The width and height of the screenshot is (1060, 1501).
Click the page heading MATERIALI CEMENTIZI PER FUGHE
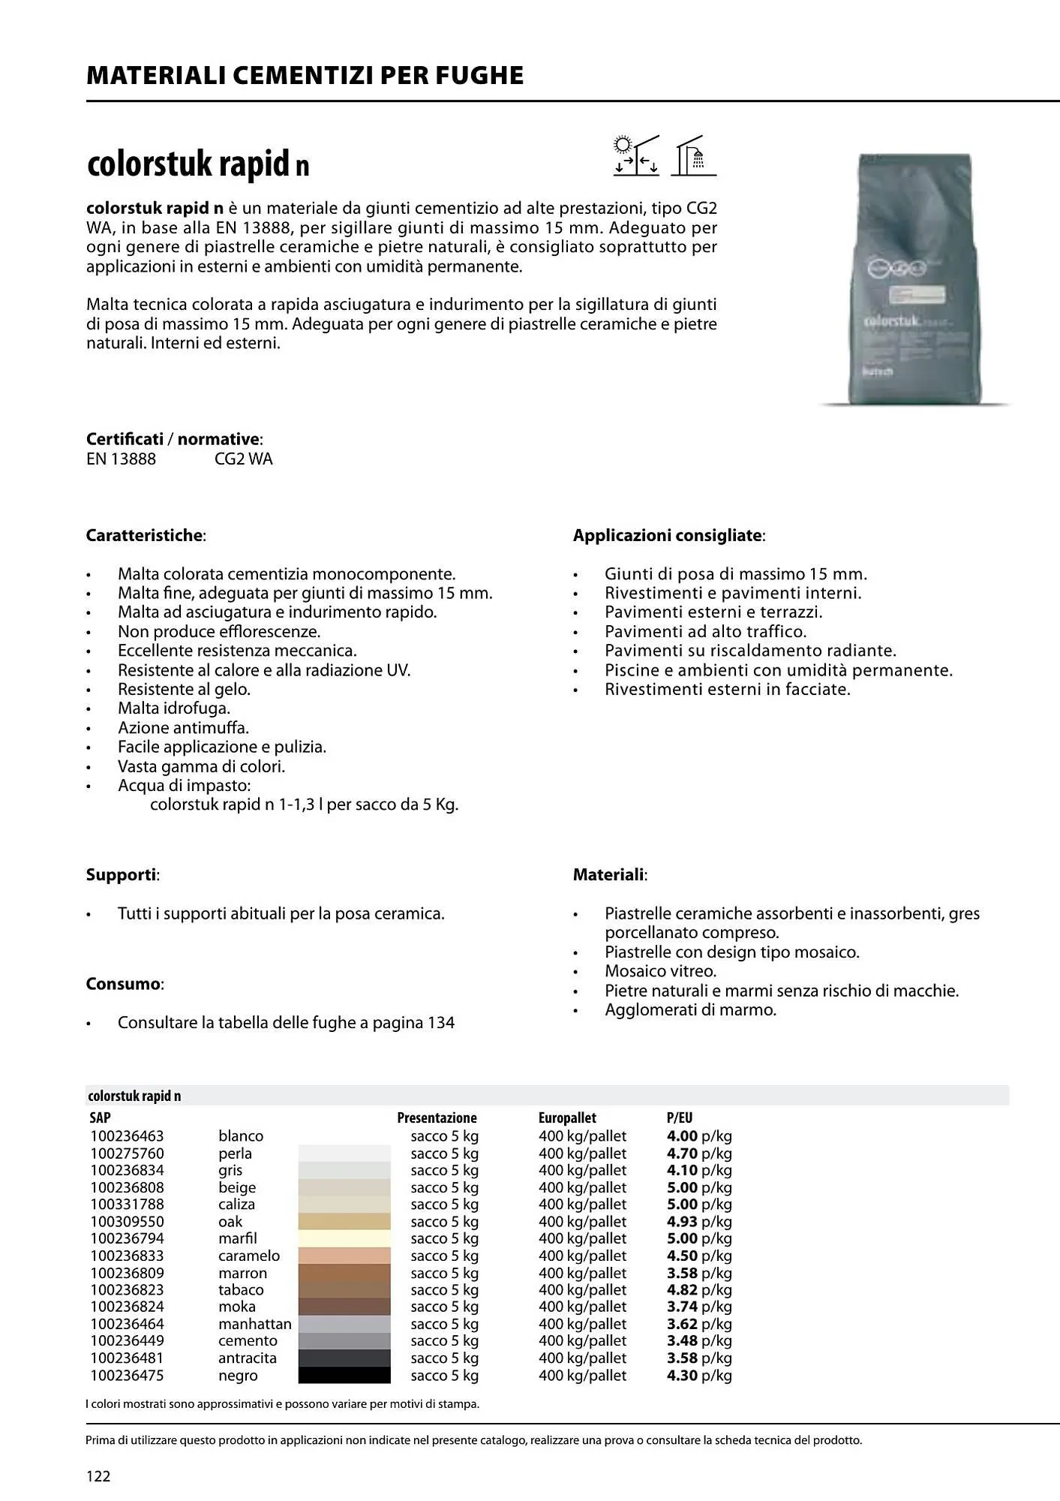pos(305,76)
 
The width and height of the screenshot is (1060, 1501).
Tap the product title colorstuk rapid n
pos(198,164)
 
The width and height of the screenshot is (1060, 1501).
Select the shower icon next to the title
pos(693,155)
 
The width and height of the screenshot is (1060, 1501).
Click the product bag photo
pos(914,279)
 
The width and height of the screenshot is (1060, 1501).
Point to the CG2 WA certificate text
pos(243,459)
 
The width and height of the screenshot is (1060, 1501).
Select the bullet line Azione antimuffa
pos(183,727)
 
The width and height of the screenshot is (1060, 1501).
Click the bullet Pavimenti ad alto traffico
pos(705,631)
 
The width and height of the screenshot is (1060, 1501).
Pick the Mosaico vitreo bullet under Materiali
pos(660,971)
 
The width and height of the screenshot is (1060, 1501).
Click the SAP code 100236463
pos(127,1136)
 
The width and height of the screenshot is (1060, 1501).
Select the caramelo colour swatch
pos(344,1256)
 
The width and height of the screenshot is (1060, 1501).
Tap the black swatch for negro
pos(344,1375)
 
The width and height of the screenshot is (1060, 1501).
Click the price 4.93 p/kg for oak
pos(698,1221)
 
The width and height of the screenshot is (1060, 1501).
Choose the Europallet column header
pos(566,1117)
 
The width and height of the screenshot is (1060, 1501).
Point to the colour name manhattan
pos(254,1324)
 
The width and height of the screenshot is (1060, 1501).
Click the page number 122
pos(98,1476)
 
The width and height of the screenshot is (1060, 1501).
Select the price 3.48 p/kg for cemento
pos(698,1340)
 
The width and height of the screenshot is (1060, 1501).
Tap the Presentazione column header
pos(437,1117)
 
